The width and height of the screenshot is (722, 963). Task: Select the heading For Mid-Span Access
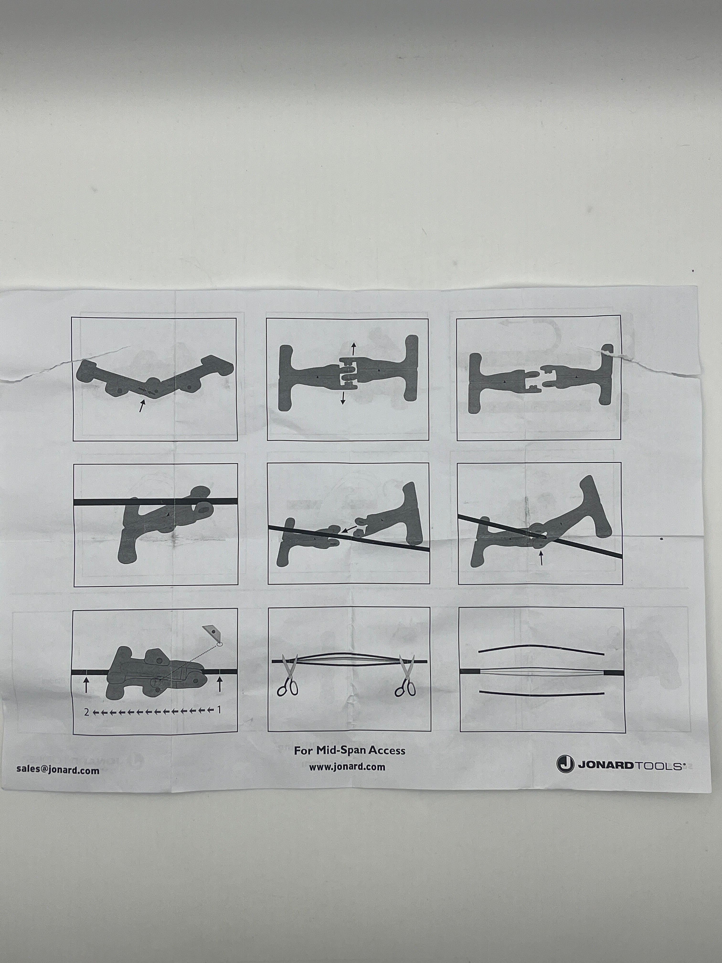tap(350, 750)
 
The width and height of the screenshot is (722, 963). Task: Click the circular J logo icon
tap(565, 764)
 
